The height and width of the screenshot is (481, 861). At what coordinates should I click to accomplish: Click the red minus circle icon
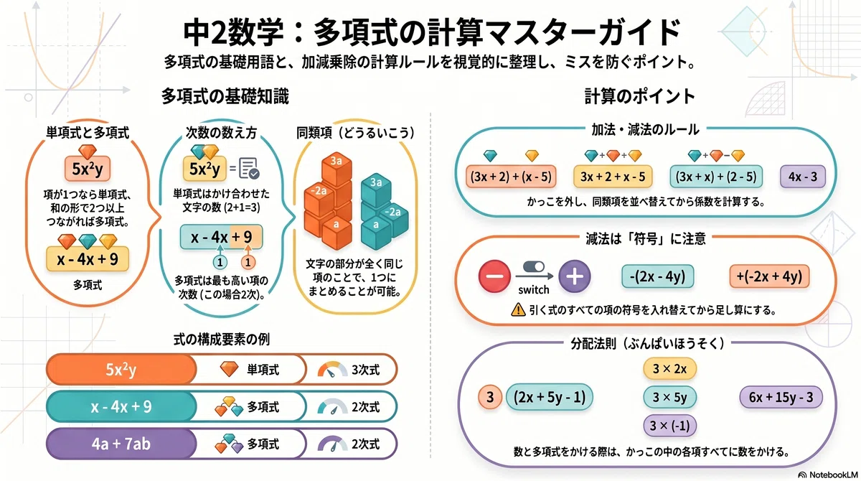click(x=494, y=276)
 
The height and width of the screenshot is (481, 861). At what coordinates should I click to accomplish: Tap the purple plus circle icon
click(x=574, y=276)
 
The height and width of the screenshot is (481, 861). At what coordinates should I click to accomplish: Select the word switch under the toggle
click(x=534, y=290)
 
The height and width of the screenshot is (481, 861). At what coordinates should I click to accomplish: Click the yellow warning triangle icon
click(x=518, y=309)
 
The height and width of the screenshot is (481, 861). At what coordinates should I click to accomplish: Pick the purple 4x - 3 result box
click(x=803, y=177)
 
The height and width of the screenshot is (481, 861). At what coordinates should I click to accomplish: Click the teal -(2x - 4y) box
click(x=658, y=276)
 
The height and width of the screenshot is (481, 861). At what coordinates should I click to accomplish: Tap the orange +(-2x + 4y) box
click(x=769, y=276)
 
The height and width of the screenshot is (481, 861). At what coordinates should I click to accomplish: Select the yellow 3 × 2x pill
click(x=669, y=369)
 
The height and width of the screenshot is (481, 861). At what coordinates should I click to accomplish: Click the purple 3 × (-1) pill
click(x=669, y=426)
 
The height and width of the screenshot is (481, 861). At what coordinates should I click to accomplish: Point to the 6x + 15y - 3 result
click(x=781, y=397)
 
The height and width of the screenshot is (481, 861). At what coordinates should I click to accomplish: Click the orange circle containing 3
click(x=490, y=397)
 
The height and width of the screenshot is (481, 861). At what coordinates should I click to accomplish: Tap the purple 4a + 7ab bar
click(x=121, y=444)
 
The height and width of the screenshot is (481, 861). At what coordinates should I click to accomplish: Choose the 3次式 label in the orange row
click(x=365, y=370)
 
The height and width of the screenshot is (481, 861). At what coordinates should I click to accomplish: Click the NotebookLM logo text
click(x=833, y=475)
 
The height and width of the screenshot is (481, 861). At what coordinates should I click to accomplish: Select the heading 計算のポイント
click(x=639, y=96)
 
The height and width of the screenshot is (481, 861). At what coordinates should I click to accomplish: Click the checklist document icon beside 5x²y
click(x=249, y=169)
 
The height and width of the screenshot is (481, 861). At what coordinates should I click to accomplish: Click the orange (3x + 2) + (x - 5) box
click(x=511, y=177)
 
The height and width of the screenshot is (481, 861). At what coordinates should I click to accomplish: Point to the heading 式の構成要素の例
click(x=222, y=339)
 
